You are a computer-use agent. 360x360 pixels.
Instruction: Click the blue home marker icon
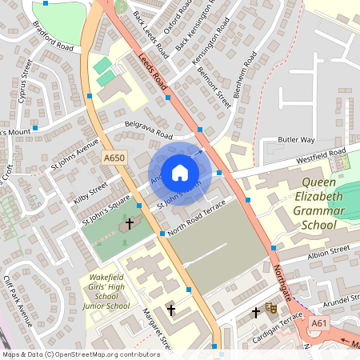pyautogui.click(x=180, y=171)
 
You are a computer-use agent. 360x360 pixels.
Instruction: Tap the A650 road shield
pyautogui.click(x=114, y=159)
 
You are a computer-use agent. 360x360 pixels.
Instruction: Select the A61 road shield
pyautogui.click(x=320, y=322)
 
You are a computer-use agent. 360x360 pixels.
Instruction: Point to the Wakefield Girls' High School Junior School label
pyautogui.click(x=106, y=290)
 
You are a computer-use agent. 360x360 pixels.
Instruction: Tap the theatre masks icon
pyautogui.click(x=271, y=306)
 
